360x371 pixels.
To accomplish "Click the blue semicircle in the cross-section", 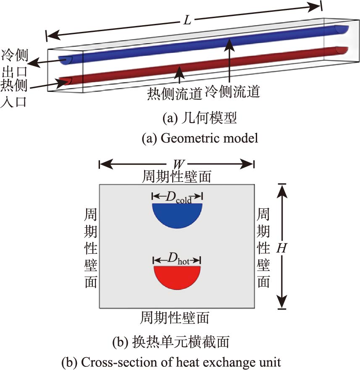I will (x=177, y=215).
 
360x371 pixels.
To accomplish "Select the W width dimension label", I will (x=176, y=164).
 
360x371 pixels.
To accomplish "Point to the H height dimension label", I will (x=282, y=248).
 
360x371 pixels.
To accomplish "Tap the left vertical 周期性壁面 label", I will (x=91, y=248).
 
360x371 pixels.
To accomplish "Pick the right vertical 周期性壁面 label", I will (x=263, y=248).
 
